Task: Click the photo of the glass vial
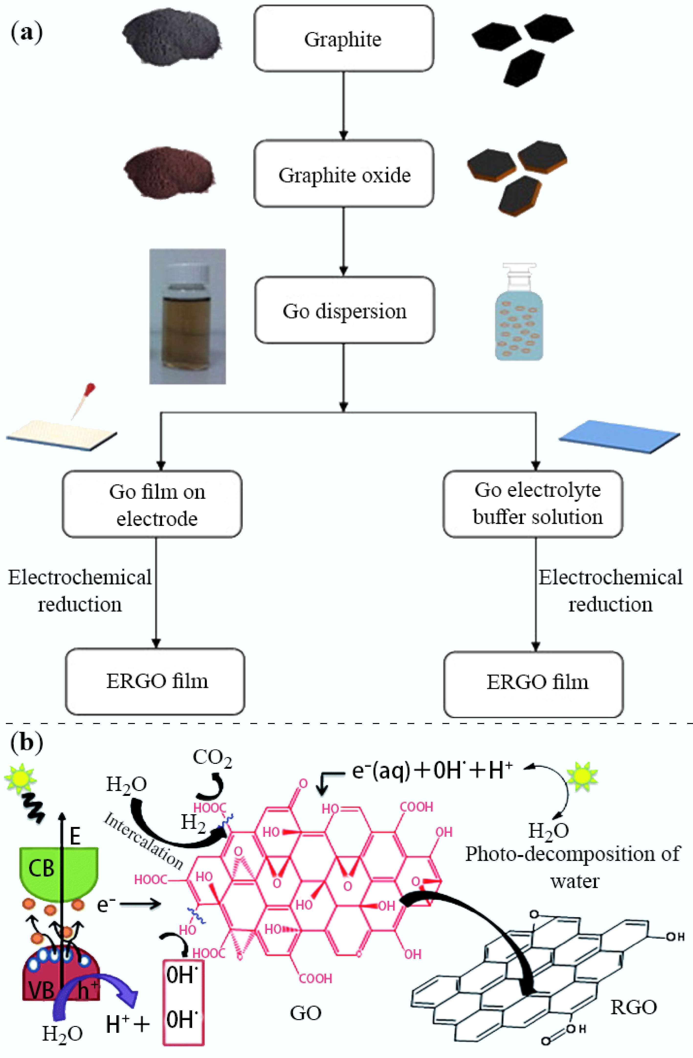coord(187,316)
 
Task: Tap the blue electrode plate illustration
coord(619,436)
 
